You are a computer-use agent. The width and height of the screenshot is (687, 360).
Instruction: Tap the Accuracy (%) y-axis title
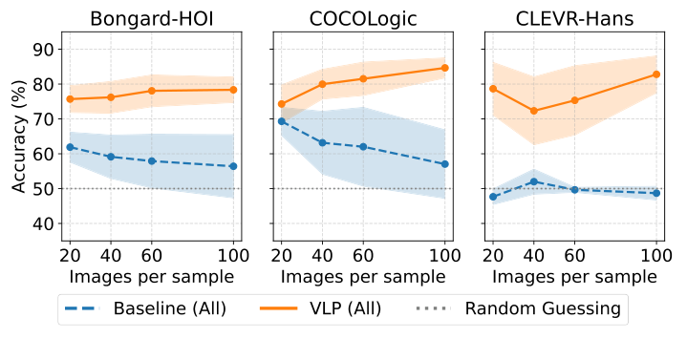(x=18, y=137)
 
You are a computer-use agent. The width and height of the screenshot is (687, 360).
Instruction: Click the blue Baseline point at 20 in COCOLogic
(x=282, y=121)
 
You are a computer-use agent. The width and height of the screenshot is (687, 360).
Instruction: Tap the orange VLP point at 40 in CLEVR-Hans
(x=534, y=111)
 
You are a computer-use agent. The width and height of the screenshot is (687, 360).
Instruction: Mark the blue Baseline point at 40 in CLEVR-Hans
(x=534, y=181)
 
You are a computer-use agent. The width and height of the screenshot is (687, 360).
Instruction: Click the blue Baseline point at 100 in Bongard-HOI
(x=233, y=166)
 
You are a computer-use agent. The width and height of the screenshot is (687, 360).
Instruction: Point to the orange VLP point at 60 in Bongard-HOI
(x=152, y=91)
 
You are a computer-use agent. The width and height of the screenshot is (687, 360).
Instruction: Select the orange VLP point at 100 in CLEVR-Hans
(x=656, y=74)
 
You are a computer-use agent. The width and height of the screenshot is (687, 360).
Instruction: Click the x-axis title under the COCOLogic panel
(x=362, y=277)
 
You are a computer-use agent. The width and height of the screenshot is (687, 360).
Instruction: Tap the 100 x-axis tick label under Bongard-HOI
(x=233, y=256)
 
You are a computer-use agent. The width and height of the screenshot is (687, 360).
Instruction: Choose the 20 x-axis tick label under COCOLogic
(x=282, y=256)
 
